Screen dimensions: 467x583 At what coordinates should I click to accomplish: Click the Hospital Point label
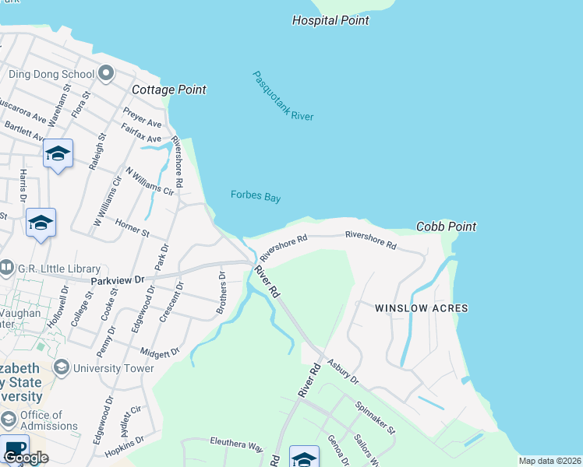pyautogui.click(x=330, y=20)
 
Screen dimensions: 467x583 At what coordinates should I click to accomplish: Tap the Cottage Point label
pyautogui.click(x=169, y=90)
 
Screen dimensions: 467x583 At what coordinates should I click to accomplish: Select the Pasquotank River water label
pyautogui.click(x=282, y=96)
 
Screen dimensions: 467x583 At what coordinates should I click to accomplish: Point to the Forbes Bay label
pyautogui.click(x=256, y=197)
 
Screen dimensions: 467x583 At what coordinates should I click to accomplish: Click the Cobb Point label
pyautogui.click(x=447, y=226)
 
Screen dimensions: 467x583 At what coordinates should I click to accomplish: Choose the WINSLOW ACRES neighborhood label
pyautogui.click(x=421, y=308)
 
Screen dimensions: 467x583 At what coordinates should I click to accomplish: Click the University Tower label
pyautogui.click(x=115, y=368)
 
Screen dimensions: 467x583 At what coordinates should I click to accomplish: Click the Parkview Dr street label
pyautogui.click(x=118, y=279)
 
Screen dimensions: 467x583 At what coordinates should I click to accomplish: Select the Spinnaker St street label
pyautogui.click(x=375, y=418)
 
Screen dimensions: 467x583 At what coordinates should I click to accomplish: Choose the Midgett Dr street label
pyautogui.click(x=164, y=353)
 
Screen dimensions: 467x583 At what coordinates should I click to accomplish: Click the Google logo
pyautogui.click(x=26, y=458)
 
